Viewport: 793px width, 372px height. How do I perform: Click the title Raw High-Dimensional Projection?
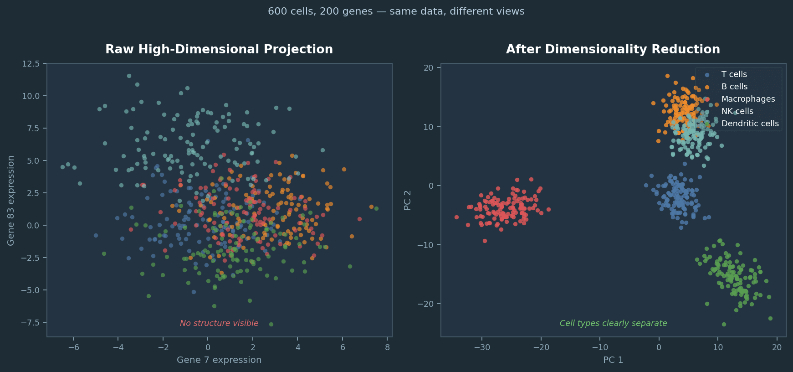tap(219, 49)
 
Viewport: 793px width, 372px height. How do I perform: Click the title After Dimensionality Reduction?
tap(613, 49)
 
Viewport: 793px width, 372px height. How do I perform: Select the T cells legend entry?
tap(734, 74)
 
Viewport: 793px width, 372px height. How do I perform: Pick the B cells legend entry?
tap(734, 87)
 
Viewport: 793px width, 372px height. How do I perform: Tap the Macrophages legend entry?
tap(748, 99)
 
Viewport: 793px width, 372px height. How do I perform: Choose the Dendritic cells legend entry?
tap(750, 124)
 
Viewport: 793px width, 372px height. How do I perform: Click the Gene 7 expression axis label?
tap(219, 360)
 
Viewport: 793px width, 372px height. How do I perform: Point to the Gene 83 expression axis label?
tap(11, 200)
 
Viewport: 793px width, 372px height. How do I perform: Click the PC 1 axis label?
tap(613, 360)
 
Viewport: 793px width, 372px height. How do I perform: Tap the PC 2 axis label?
tap(407, 200)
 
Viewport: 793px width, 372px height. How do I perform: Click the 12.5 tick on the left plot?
tap(31, 63)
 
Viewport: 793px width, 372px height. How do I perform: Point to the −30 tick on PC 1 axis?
tap(481, 347)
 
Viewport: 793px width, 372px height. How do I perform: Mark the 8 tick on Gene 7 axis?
tap(387, 347)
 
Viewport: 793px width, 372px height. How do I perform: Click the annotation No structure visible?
tap(219, 323)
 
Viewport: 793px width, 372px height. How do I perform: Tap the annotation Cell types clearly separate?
tap(613, 323)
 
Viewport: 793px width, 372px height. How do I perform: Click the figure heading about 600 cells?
tap(396, 11)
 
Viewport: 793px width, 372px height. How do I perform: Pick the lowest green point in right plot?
tap(724, 325)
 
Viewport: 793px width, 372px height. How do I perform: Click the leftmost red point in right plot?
tap(456, 217)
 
